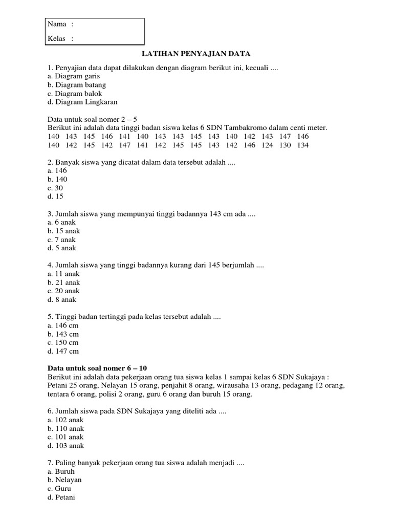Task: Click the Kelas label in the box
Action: pyautogui.click(x=57, y=38)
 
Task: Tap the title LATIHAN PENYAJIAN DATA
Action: pyautogui.click(x=196, y=53)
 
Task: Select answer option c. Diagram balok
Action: pyautogui.click(x=74, y=94)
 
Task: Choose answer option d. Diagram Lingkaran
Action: pyautogui.click(x=82, y=102)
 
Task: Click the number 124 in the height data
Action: pyautogui.click(x=267, y=145)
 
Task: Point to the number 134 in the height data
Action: pyautogui.click(x=303, y=145)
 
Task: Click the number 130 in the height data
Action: pyautogui.click(x=285, y=145)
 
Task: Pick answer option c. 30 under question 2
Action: pyautogui.click(x=55, y=188)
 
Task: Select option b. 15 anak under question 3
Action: pyautogui.click(x=63, y=231)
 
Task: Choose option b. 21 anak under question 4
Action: pyautogui.click(x=63, y=282)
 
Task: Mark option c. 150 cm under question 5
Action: pyautogui.click(x=63, y=342)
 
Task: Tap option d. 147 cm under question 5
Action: pyautogui.click(x=63, y=351)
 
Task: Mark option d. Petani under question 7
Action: pyautogui.click(x=61, y=497)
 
